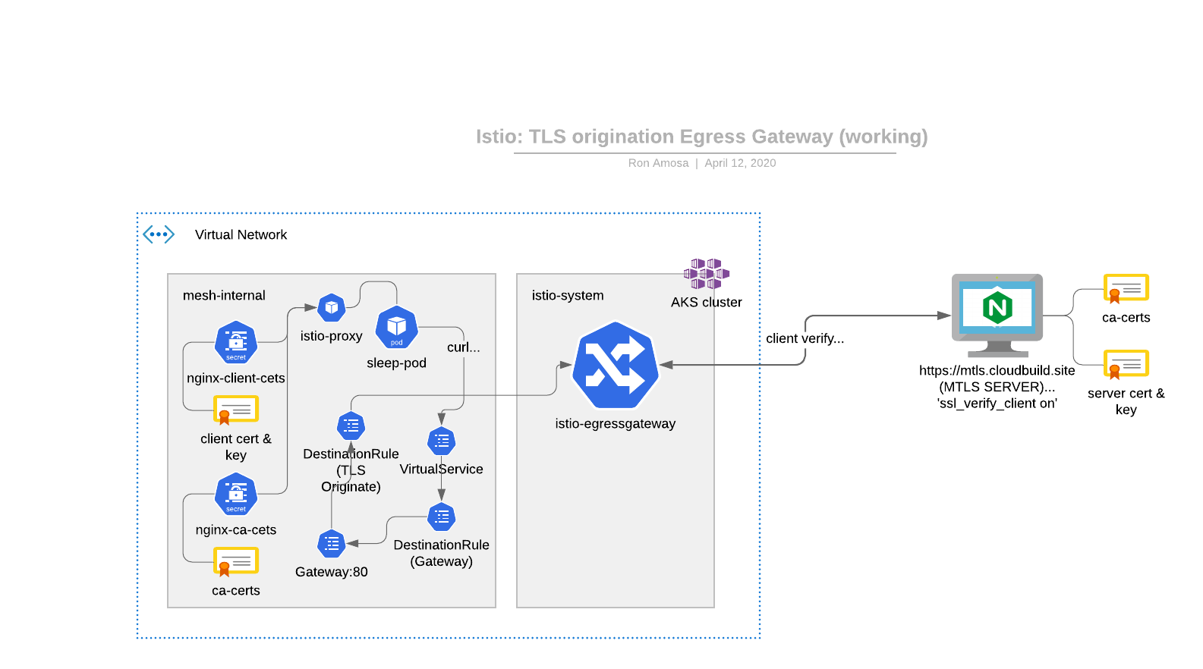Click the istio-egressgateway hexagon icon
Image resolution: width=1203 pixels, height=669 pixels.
click(615, 365)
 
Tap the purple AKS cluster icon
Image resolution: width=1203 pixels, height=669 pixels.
click(706, 274)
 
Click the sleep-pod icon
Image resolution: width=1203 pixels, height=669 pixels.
click(396, 327)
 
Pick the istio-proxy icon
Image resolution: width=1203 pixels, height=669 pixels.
click(331, 307)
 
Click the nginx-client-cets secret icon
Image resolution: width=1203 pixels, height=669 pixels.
click(236, 343)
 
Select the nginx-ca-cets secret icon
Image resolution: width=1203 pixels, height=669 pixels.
click(236, 495)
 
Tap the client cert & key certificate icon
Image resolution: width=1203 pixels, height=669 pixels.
click(236, 410)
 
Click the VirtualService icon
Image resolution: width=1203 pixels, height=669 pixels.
click(441, 441)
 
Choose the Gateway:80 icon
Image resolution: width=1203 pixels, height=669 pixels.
click(332, 544)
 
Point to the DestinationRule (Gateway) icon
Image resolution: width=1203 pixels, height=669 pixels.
click(441, 517)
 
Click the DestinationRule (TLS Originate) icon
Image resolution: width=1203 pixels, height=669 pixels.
click(351, 426)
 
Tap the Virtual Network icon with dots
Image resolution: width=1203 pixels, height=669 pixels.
click(159, 234)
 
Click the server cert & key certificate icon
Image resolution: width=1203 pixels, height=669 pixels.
click(1126, 364)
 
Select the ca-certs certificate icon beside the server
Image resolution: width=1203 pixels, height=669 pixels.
click(1126, 288)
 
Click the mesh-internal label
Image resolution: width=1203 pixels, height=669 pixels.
click(224, 296)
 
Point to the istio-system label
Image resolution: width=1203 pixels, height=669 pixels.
click(568, 296)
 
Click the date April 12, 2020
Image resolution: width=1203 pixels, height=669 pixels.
click(740, 163)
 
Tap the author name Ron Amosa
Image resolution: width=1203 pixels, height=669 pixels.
click(658, 163)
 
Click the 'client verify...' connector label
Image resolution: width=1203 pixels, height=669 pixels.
click(805, 338)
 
